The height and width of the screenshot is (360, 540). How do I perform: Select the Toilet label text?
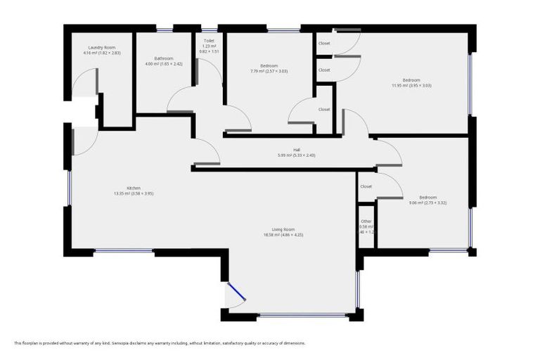tap(209, 41)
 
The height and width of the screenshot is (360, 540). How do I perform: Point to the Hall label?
tap(297, 150)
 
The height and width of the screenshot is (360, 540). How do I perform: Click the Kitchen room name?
tap(134, 188)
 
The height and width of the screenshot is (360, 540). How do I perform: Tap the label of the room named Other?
tap(366, 221)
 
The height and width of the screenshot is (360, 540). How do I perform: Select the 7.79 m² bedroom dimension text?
tap(269, 71)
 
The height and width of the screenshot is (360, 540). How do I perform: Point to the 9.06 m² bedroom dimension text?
tap(427, 202)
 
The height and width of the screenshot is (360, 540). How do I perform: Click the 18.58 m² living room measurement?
tap(288, 236)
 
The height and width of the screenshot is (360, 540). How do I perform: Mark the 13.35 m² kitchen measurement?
tap(134, 193)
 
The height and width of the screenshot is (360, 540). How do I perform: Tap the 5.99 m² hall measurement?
tap(297, 155)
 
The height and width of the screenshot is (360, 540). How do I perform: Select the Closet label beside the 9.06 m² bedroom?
tap(366, 186)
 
